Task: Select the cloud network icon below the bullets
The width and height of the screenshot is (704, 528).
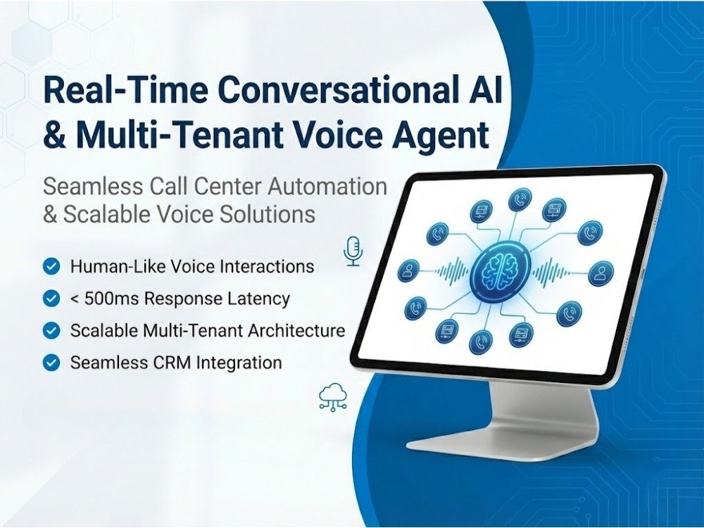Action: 332,397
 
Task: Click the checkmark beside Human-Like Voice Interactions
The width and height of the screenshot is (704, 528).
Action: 51,267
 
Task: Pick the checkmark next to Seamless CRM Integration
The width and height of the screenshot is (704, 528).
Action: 51,363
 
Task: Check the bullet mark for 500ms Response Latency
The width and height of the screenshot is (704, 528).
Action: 51,298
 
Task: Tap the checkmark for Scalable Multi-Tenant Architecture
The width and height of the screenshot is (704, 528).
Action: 51,330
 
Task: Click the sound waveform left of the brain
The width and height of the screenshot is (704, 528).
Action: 450,271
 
